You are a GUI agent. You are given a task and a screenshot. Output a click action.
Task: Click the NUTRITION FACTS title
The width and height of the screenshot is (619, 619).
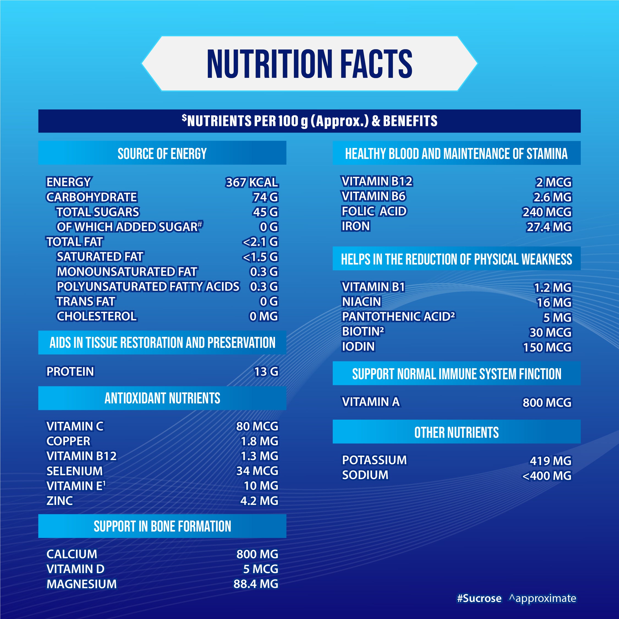tap(310, 64)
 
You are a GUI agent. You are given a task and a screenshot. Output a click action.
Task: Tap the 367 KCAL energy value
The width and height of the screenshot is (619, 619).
tap(252, 182)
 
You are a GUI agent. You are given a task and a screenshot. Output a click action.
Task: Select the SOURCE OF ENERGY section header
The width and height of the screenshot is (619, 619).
tap(162, 153)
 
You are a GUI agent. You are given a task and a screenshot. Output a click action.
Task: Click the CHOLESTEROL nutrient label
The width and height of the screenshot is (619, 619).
tap(97, 317)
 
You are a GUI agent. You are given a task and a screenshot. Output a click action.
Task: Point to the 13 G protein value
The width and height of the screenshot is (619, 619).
tap(266, 372)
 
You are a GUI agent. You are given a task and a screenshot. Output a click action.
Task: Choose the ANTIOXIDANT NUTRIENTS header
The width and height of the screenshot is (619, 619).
tap(162, 398)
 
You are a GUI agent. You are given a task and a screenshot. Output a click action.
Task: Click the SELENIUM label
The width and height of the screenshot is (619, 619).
tap(75, 471)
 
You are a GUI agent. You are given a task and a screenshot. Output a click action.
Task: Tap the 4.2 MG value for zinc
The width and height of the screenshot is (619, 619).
tap(259, 501)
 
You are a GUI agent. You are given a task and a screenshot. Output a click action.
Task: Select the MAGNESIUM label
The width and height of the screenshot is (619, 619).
tap(82, 584)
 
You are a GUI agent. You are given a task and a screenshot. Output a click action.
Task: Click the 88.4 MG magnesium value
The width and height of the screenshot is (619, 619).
tap(256, 584)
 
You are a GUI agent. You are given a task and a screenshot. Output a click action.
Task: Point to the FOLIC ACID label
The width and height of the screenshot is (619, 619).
tap(374, 211)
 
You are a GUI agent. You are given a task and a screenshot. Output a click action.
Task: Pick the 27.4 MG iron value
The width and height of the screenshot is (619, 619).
tap(549, 227)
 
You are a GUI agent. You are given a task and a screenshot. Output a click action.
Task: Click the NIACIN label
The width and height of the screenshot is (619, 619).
tap(361, 302)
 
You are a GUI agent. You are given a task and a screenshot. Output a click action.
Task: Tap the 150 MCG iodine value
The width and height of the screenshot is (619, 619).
tap(547, 347)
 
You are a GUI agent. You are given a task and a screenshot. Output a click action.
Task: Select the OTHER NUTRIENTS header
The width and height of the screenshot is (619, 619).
tap(456, 433)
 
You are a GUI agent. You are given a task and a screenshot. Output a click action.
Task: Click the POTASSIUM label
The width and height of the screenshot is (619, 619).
tap(374, 460)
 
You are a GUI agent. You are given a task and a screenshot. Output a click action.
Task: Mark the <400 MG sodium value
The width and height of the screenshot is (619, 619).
tap(547, 476)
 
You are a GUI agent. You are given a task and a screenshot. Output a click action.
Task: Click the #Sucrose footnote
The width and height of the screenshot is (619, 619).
tap(479, 598)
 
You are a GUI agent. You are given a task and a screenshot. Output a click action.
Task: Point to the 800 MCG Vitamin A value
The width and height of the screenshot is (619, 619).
tap(547, 402)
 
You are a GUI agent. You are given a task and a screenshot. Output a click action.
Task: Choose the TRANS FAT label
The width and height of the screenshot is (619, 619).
tap(86, 301)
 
